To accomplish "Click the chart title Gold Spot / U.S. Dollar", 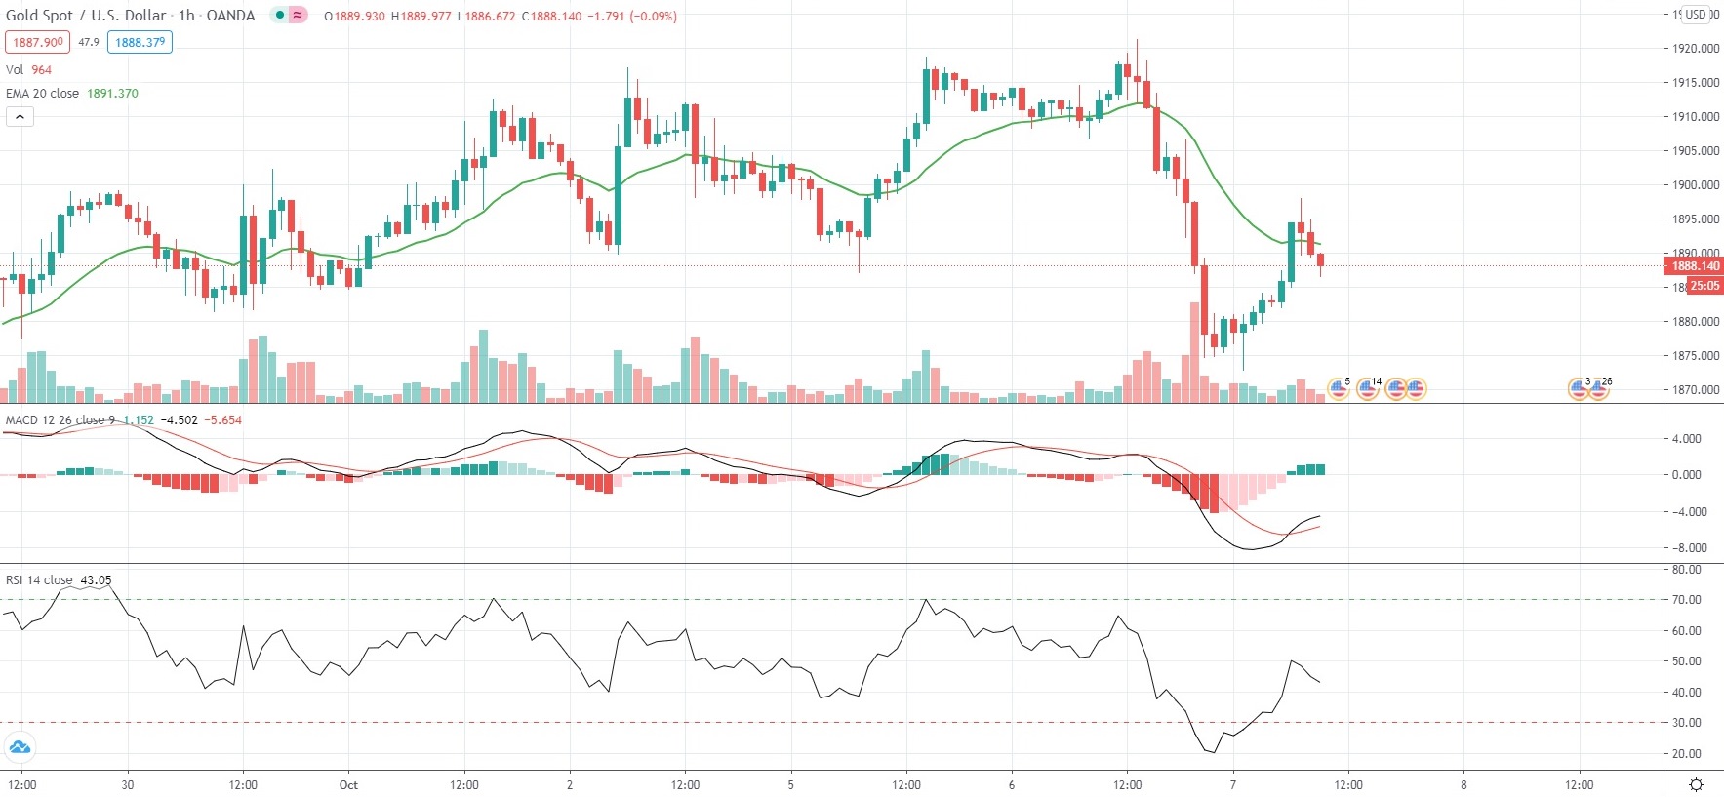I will pos(87,16).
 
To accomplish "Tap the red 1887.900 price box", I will pos(38,42).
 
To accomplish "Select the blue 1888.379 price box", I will pos(140,42).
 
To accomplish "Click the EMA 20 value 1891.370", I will pos(112,94).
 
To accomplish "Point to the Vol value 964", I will pos(41,70).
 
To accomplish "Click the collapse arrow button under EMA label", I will pos(20,117).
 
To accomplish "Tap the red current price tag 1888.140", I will pos(1696,266).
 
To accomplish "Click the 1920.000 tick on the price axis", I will pos(1696,49).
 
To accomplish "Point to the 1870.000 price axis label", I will pos(1696,390).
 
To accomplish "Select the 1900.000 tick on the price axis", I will pos(1696,185).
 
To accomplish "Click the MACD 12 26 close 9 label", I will pos(60,420).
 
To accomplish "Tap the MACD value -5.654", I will pos(224,420).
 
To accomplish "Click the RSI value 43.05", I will pos(96,580).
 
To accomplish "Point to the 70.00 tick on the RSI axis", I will pos(1687,600).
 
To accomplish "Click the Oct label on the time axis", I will pos(348,785).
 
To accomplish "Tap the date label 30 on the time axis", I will pos(128,785).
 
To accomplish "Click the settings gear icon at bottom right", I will pos(1696,784).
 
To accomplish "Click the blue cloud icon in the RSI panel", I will pos(20,748).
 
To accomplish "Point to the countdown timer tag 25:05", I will pos(1704,286).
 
